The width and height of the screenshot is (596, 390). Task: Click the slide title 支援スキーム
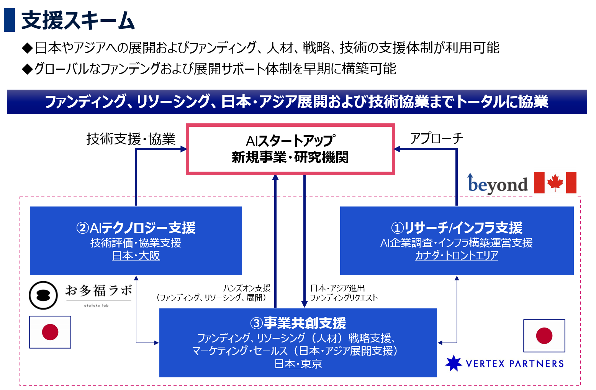click(x=78, y=20)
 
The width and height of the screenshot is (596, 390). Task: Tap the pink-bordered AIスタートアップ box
click(x=290, y=149)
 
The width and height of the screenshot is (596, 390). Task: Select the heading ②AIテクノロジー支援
click(x=136, y=228)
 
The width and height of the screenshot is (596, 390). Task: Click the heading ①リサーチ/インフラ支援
click(x=457, y=228)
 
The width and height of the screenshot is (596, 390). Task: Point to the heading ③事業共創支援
click(x=298, y=323)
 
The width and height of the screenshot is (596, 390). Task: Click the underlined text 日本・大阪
click(x=136, y=256)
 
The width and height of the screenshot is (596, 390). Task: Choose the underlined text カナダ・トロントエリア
click(x=457, y=256)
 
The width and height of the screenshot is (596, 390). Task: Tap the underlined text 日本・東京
click(x=298, y=364)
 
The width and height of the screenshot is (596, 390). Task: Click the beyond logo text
click(x=498, y=185)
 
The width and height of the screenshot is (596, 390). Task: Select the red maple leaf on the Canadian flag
click(x=555, y=182)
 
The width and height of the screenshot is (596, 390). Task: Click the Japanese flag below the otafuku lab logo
click(x=50, y=332)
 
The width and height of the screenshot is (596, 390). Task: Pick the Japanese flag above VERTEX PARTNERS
click(x=544, y=336)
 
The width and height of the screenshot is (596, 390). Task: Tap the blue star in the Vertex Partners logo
click(x=454, y=363)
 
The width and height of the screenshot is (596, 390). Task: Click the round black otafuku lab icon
click(x=43, y=295)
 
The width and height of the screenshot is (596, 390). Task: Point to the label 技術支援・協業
click(x=131, y=139)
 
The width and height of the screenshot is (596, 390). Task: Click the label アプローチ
click(x=436, y=138)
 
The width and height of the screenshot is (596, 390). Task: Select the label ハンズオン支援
click(x=247, y=288)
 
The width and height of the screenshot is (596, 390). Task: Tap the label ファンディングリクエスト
click(x=344, y=298)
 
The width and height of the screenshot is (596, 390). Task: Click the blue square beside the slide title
click(x=9, y=20)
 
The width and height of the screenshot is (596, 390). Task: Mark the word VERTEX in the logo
click(x=485, y=364)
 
